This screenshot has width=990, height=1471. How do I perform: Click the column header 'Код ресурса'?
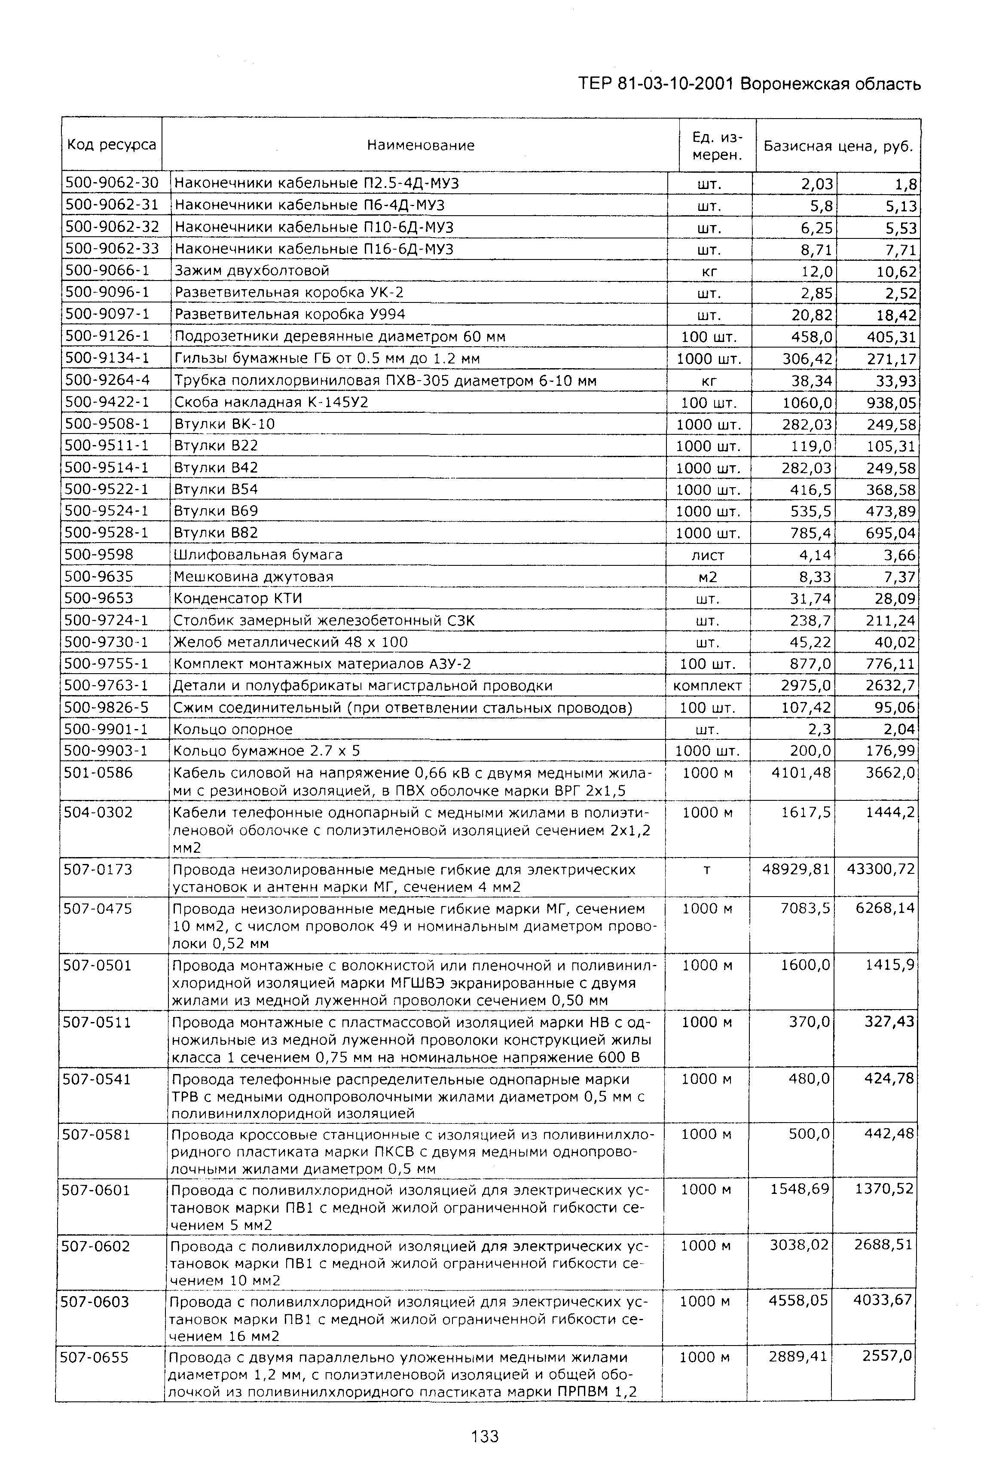[x=111, y=145]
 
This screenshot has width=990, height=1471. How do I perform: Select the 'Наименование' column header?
[x=421, y=145]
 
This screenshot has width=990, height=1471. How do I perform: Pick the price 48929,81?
[x=796, y=870]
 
